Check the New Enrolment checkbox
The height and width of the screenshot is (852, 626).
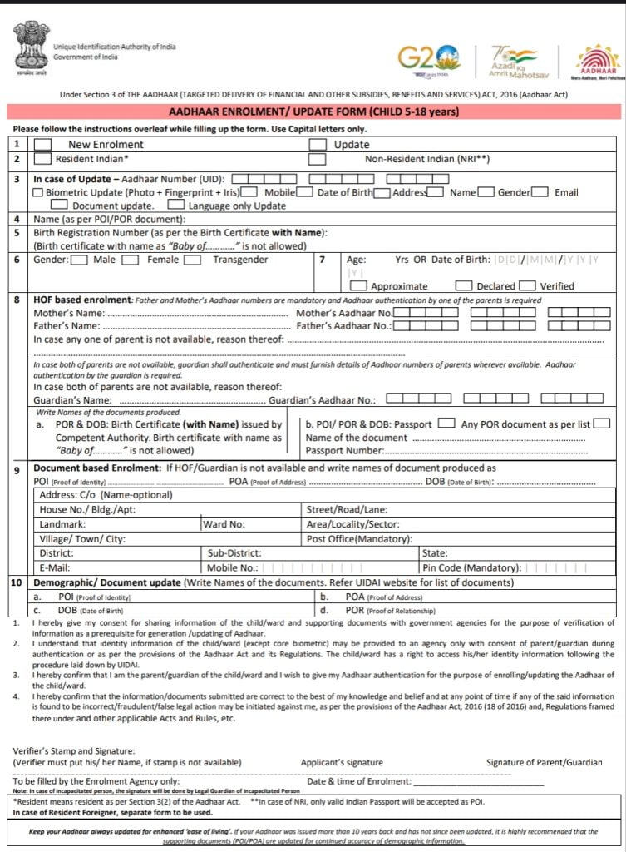point(42,144)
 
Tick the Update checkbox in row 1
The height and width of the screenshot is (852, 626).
point(317,144)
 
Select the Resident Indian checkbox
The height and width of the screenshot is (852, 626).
point(42,158)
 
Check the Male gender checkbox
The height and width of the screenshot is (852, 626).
point(80,260)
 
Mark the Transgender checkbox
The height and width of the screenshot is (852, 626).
point(192,260)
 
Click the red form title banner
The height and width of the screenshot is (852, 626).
point(313,111)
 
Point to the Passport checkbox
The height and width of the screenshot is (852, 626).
point(446,424)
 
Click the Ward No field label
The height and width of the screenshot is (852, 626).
point(224,524)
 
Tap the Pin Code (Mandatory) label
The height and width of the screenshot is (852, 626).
point(472,567)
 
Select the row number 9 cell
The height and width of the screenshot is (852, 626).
point(17,470)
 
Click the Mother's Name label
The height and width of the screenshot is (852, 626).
point(69,313)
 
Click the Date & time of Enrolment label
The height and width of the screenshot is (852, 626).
point(359,781)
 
